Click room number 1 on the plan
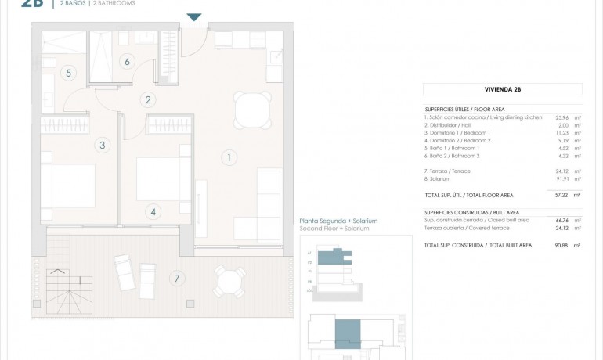228,157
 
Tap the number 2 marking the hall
147,99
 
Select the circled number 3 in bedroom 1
102,145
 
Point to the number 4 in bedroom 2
153,211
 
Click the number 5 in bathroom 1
69,73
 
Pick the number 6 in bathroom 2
127,61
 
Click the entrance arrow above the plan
194,17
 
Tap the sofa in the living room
269,204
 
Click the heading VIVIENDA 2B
502,90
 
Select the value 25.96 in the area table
561,117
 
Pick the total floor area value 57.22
561,195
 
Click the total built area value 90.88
561,245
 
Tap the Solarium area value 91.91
561,179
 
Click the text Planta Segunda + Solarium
338,221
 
